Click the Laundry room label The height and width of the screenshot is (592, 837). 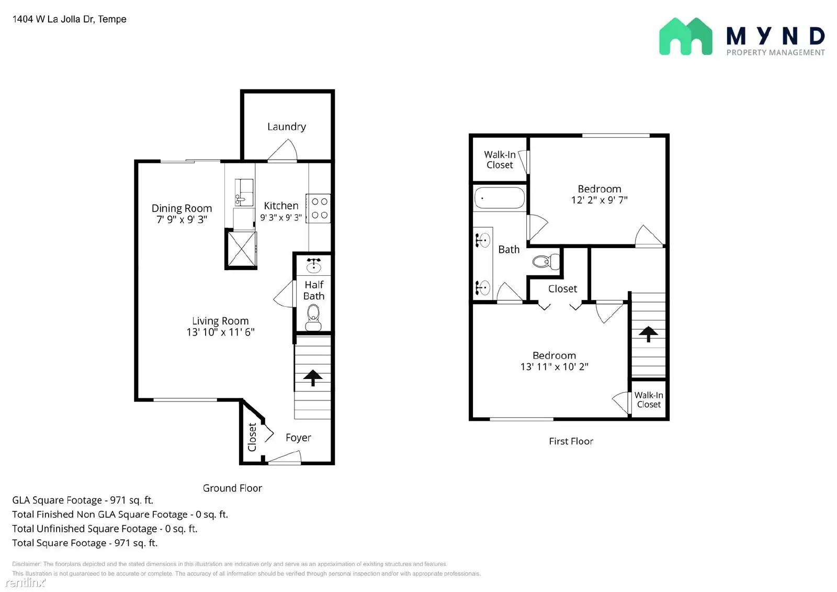[286, 127]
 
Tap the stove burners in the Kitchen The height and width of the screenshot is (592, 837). [319, 208]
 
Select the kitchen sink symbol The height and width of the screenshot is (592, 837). [243, 192]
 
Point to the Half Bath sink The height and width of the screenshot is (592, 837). [313, 265]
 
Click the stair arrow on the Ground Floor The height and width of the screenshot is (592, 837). [313, 377]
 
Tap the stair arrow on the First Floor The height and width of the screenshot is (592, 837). [648, 333]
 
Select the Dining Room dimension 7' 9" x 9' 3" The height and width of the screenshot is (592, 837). [182, 220]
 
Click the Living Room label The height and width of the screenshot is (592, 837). [220, 321]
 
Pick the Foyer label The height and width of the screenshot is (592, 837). [298, 438]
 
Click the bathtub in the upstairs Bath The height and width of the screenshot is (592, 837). [499, 198]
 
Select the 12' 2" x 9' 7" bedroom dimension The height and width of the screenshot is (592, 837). [599, 200]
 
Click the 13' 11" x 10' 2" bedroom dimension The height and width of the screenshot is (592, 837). [554, 367]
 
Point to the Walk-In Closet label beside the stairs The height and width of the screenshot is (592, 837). [649, 400]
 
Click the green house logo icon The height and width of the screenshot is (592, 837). [685, 37]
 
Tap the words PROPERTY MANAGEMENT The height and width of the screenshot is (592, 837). [775, 52]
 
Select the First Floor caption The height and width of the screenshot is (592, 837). [571, 441]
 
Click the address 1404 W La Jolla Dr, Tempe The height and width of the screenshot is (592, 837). [70, 19]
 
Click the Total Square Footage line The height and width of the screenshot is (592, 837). [85, 543]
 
